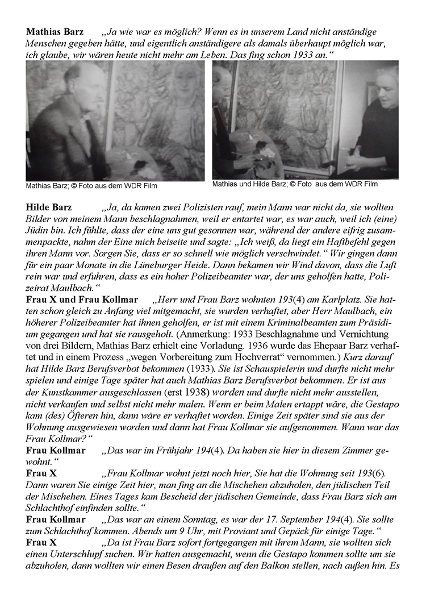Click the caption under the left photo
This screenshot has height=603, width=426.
tap(91, 186)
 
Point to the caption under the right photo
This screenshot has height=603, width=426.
tap(295, 184)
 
